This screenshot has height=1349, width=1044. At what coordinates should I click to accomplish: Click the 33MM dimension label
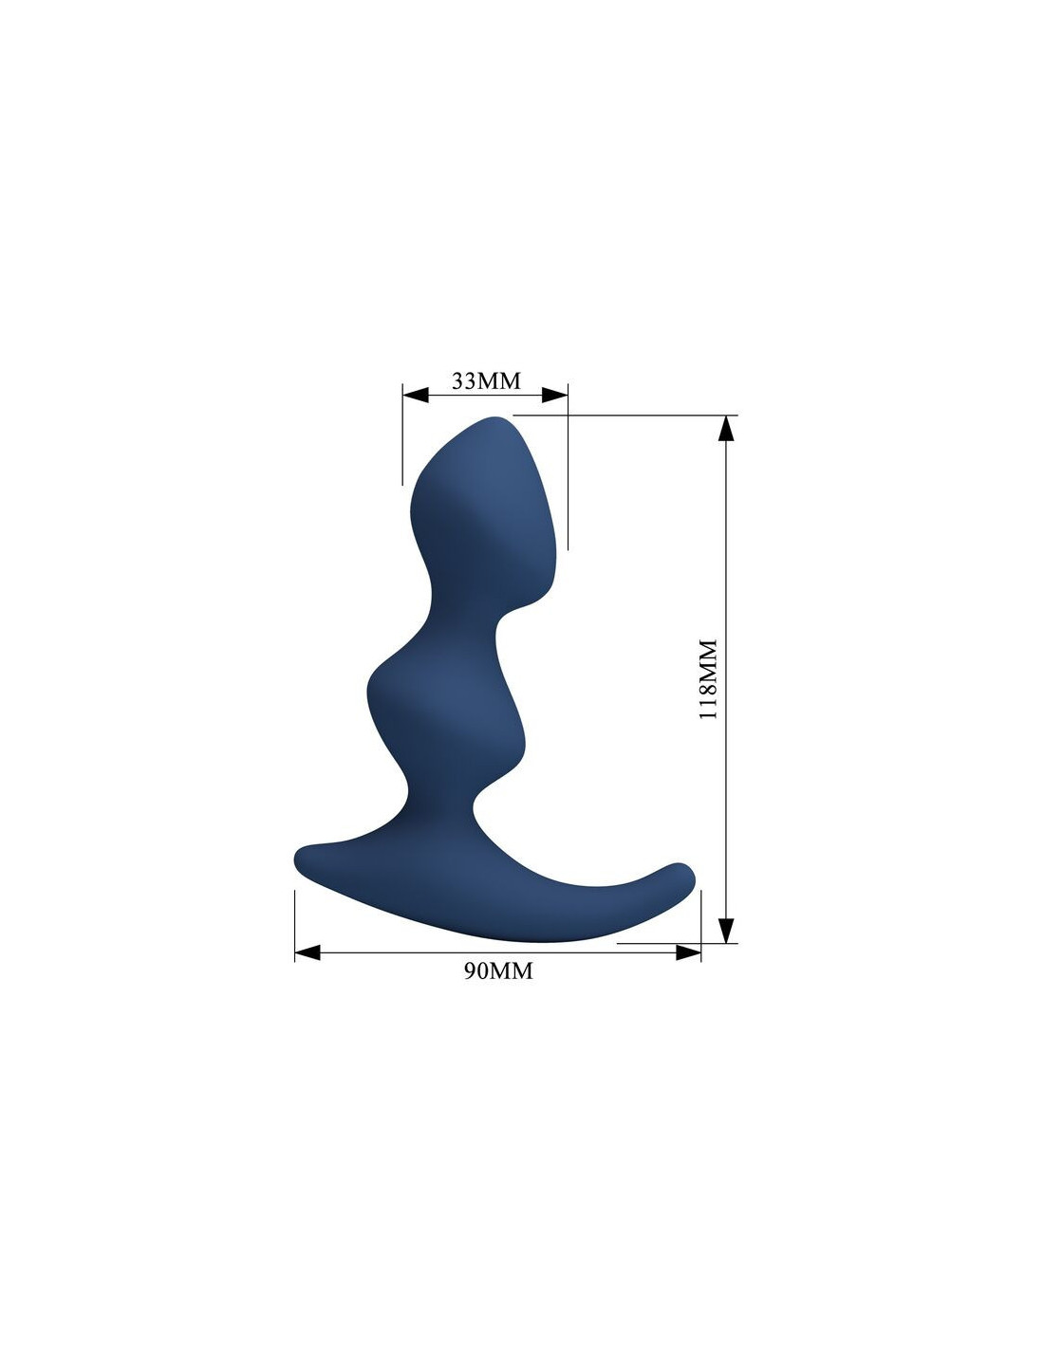486,380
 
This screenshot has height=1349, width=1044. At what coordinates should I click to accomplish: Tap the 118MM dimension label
708,679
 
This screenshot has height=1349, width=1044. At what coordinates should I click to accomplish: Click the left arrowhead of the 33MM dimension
416,395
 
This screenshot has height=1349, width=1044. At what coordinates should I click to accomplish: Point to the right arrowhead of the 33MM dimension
554,395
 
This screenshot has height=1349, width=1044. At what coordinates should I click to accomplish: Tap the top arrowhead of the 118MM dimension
726,428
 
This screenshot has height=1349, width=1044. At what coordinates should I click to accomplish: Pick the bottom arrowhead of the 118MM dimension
726,931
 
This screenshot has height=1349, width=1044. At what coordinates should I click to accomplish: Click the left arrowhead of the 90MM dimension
308,952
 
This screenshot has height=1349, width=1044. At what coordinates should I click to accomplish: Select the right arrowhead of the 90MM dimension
688,952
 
